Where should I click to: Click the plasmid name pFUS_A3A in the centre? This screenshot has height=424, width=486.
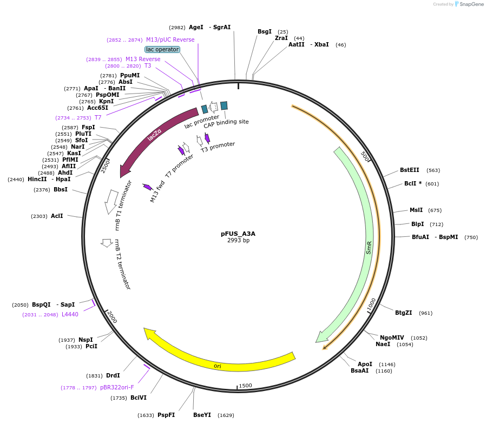click(238, 234)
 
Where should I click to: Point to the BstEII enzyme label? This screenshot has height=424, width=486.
click(409, 170)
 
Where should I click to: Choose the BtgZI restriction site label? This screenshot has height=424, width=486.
click(403, 313)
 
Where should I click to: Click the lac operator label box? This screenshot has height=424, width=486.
click(162, 49)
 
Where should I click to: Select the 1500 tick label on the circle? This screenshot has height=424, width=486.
click(245, 386)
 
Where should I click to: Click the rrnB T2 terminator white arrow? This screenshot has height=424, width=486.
click(107, 243)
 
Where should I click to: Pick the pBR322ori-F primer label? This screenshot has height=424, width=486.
click(117, 387)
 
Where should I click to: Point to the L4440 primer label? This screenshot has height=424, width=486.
click(70, 314)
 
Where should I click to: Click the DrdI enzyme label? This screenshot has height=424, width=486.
click(113, 375)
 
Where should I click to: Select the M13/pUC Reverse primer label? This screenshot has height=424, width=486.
click(170, 39)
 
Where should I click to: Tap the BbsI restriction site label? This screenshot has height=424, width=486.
click(61, 189)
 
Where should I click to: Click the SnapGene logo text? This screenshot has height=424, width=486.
click(471, 4)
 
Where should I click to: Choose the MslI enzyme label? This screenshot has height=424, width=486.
click(416, 210)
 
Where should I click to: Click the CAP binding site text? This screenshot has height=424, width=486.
click(226, 122)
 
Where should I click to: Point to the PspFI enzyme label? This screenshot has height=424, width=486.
click(166, 415)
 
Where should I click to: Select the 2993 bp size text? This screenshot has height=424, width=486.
click(238, 241)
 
